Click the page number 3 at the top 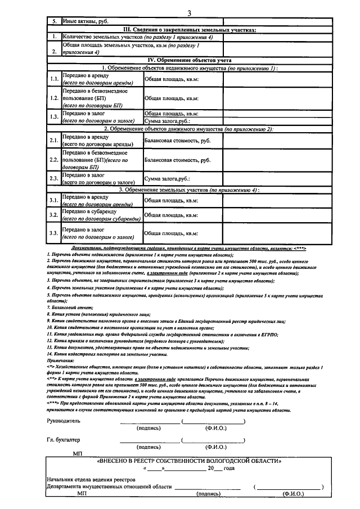[x=190, y=13]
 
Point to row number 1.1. [x=54, y=79]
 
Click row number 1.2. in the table [x=54, y=97]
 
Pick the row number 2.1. [x=54, y=140]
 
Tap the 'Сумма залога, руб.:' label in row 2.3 [x=168, y=178]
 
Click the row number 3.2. [x=54, y=215]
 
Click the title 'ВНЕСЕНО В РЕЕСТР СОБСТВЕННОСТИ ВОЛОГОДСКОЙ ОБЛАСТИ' [x=189, y=461]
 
